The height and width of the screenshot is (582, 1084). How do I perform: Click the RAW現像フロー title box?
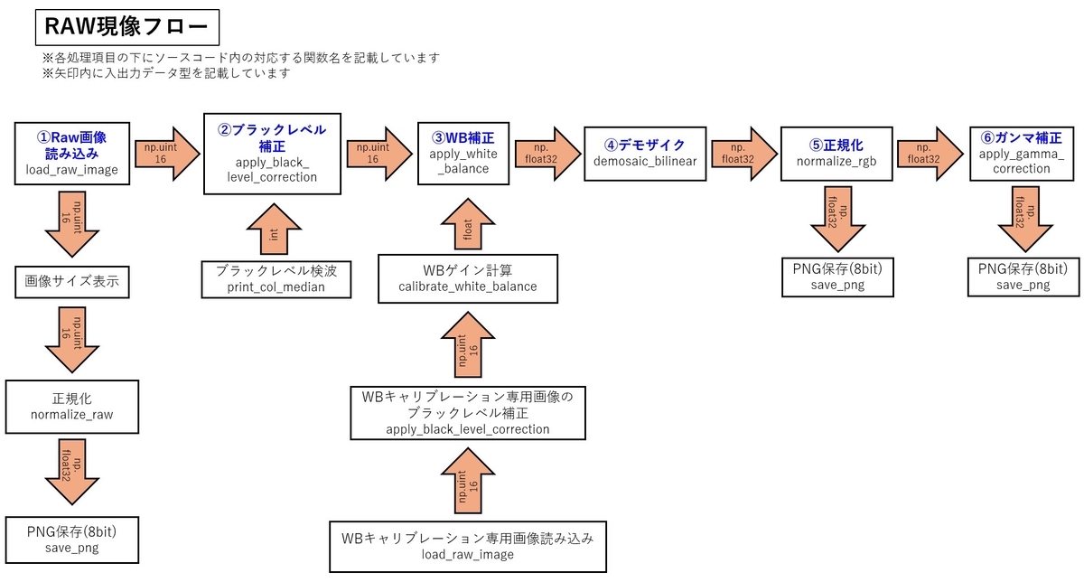127,27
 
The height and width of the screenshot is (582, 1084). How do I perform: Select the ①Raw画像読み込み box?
72,154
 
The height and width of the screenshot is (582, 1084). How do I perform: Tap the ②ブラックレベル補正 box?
272,154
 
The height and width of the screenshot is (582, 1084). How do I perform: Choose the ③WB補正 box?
463,154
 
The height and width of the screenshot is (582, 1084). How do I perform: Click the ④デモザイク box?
645,154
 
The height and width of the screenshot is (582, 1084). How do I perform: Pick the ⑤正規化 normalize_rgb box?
836,154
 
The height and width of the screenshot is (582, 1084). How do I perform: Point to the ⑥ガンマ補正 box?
1022,154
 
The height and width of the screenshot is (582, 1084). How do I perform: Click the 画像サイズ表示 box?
72,282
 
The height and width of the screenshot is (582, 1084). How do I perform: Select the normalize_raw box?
72,407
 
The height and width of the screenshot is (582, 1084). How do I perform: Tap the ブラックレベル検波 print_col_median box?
276,279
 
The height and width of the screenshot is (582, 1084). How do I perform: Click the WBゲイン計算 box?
468,279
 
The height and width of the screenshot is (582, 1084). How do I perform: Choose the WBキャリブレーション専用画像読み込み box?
468,547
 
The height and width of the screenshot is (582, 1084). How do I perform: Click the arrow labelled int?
274,230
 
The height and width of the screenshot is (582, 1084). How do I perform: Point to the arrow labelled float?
468,225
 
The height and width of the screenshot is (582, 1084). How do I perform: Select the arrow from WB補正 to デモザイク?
547,154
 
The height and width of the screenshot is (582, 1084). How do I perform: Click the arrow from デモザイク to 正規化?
743,154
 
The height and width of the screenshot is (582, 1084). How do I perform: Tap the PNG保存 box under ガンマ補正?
1023,277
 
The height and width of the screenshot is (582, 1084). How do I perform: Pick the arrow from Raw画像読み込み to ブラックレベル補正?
167,154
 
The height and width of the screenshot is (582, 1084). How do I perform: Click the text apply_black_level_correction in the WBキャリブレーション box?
468,429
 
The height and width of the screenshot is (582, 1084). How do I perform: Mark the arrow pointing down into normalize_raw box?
72,340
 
